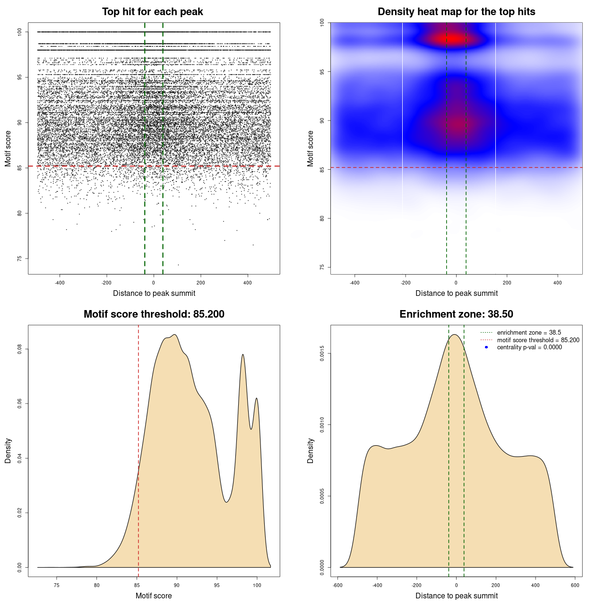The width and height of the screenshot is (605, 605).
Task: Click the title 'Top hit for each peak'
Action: [x=153, y=12]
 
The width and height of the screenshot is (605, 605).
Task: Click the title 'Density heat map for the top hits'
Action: [x=456, y=12]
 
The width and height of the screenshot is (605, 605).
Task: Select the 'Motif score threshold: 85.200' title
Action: [x=154, y=314]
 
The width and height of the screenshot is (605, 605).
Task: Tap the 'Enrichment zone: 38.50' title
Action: [x=456, y=314]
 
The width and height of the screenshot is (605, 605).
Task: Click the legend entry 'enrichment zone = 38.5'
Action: [x=529, y=333]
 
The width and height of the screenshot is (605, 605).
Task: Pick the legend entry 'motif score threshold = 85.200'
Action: [x=538, y=340]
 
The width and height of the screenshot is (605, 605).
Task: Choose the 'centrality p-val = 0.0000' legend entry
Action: [x=529, y=347]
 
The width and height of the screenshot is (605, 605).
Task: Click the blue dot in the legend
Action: [x=486, y=347]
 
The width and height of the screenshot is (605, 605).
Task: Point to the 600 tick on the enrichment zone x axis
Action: [x=575, y=585]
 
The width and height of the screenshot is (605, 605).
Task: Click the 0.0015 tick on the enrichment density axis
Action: [x=322, y=354]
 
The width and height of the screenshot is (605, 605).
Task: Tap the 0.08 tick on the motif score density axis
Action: [x=20, y=349]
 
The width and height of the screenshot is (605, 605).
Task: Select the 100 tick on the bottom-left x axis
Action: [x=257, y=585]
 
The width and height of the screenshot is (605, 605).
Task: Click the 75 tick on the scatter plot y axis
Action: [x=20, y=259]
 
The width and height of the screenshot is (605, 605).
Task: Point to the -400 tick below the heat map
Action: [x=354, y=283]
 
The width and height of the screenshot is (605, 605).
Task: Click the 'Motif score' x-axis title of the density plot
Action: [x=154, y=596]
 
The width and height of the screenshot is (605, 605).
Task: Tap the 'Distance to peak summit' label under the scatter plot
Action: [x=154, y=293]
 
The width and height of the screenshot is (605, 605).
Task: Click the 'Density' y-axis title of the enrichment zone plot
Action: [x=311, y=450]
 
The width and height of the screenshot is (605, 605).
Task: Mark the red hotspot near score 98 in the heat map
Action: [x=453, y=38]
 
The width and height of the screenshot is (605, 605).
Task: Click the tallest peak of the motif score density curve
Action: [x=175, y=335]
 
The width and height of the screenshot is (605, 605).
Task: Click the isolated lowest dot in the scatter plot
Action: [x=178, y=265]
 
